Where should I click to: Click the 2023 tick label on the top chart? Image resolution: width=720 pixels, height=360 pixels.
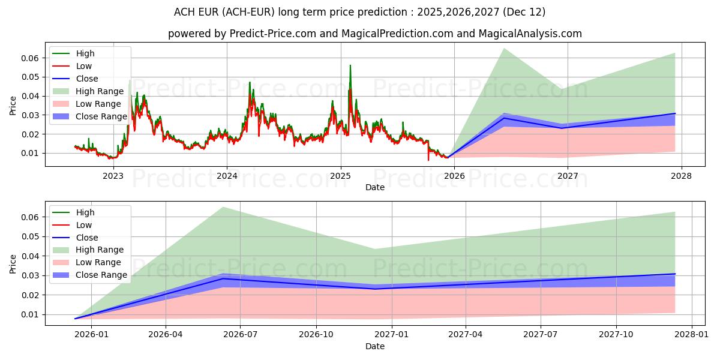[113, 176]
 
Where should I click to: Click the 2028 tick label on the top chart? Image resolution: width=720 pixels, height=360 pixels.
[682, 176]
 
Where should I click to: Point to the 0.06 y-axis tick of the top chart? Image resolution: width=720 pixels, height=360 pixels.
[30, 58]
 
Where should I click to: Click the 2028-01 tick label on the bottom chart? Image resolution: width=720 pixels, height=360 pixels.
[692, 335]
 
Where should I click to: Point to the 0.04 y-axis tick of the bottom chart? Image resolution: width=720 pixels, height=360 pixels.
[30, 256]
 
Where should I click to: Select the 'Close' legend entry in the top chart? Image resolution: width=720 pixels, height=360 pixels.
[87, 79]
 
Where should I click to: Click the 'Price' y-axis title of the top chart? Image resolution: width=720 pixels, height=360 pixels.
[13, 106]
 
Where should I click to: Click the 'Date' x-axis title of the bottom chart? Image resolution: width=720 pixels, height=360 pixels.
[375, 346]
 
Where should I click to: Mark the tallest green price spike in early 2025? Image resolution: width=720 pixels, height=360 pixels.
[350, 65]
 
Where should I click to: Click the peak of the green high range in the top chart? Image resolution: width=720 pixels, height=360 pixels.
[503, 49]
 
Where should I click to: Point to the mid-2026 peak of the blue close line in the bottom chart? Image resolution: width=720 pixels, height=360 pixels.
[223, 278]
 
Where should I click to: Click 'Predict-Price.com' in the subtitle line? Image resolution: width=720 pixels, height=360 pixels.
[275, 34]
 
